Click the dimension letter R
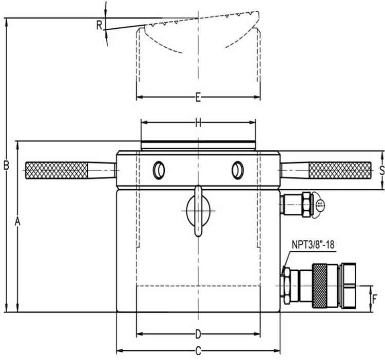point(99,24)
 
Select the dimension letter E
point(198,97)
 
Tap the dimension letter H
point(199,123)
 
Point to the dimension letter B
point(7,165)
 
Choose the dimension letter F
point(375,298)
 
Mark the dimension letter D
point(198,335)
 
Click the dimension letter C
point(198,351)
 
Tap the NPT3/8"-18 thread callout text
point(313,245)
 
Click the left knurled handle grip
point(55,170)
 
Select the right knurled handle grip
point(339,170)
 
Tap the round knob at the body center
point(198,210)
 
